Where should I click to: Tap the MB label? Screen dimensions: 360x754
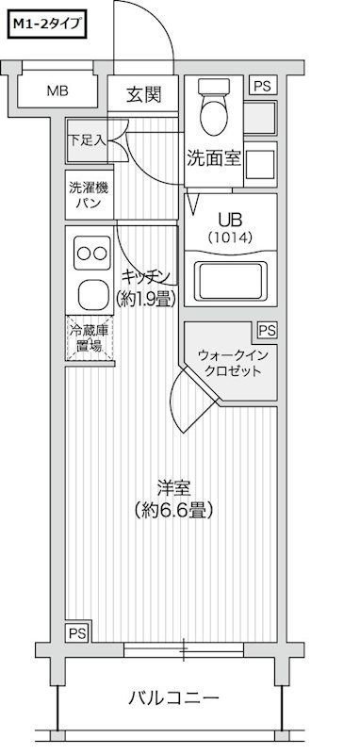pos(58,91)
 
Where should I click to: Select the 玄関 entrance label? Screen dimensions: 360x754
pos(147,93)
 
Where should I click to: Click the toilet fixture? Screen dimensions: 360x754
pos(216,111)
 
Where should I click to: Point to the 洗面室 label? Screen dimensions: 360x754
pos(214,158)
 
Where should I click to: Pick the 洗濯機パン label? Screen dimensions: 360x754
pos(88,195)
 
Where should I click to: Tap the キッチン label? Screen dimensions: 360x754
pos(147,275)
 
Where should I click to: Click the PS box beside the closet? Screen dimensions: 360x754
pos(268,330)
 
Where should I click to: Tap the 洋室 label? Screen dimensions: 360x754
pos(174,489)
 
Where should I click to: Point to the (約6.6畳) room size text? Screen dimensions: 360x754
pos(174,512)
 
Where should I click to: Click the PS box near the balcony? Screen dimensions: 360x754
pos(76,632)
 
